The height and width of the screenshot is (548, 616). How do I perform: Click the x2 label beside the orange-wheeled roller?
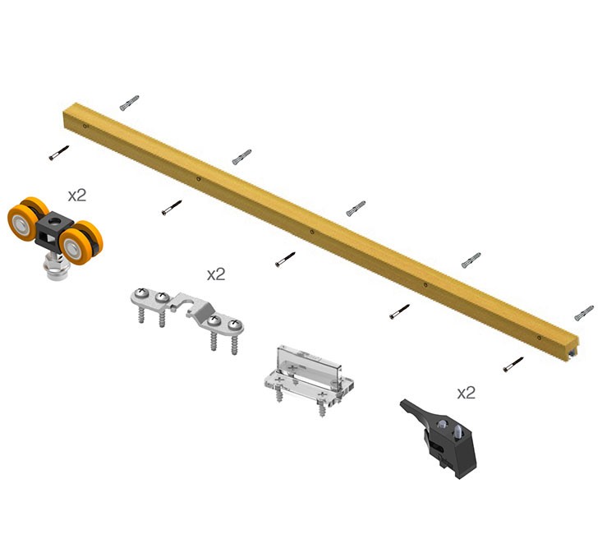coord(77,196)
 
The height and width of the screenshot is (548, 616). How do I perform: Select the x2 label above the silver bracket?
coord(216,274)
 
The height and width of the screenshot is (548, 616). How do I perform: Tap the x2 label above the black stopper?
coord(466,393)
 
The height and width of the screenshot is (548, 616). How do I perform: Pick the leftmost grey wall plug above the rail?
coord(129,103)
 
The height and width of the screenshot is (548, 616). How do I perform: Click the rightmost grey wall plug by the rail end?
coord(584,312)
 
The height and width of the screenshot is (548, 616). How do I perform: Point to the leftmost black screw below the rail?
coord(58,153)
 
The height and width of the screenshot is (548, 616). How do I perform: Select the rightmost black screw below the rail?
coord(514,363)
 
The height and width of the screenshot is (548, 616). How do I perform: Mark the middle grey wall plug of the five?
coord(356,208)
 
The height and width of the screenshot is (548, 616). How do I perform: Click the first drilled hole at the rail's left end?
coord(86,127)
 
